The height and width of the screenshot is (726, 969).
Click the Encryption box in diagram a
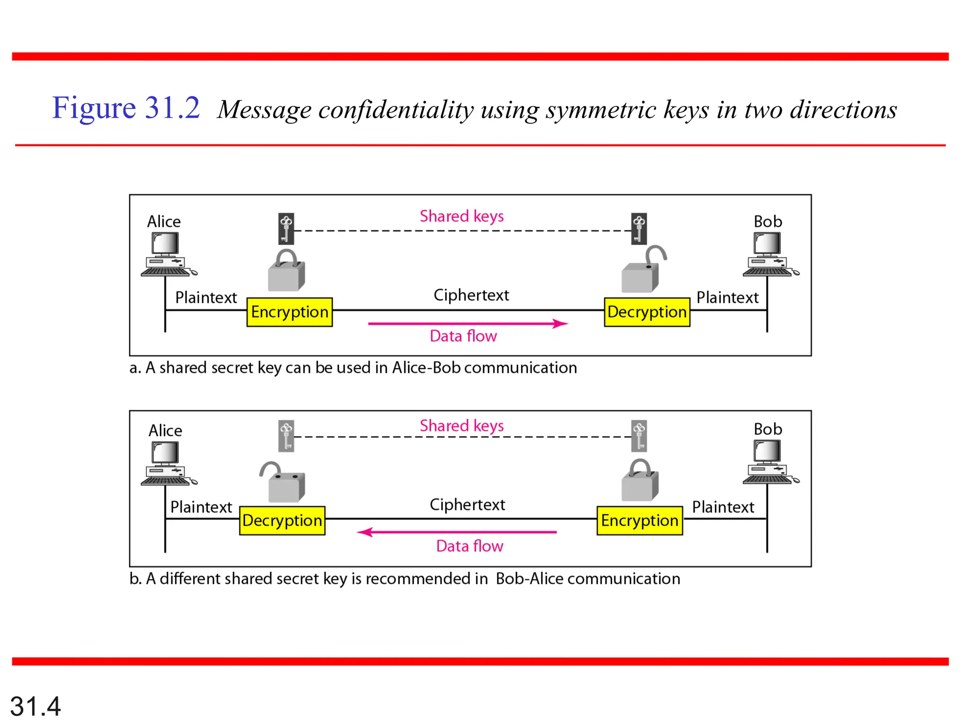[x=290, y=312]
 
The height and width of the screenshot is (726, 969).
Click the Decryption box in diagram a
[x=647, y=312]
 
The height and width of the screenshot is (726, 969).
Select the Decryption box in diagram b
[x=282, y=520]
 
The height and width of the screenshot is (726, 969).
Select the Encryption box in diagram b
[x=640, y=520]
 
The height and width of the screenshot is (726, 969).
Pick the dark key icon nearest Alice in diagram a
[x=286, y=229]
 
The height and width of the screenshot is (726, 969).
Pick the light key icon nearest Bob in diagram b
[x=639, y=436]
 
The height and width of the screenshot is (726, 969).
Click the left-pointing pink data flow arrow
[x=457, y=532]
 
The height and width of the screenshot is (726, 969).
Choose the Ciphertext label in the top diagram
[x=471, y=295]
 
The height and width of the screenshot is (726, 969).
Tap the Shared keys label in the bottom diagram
[x=462, y=426]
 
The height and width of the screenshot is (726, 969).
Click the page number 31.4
[x=35, y=707]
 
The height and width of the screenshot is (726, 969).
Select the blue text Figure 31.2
[x=126, y=108]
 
